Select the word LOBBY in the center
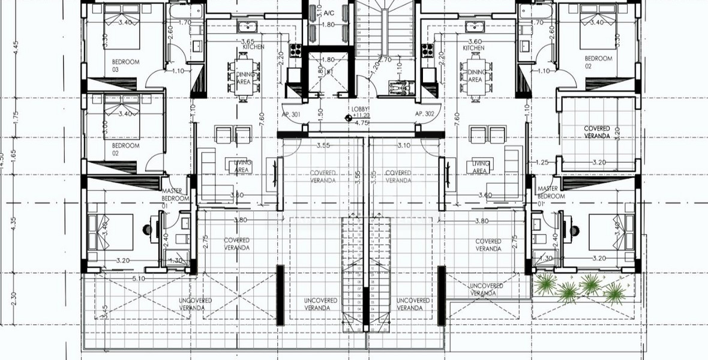point(362,108)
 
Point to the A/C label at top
point(329,13)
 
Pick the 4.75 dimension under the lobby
point(361,122)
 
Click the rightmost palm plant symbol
point(614,292)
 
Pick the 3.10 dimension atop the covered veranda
point(404,145)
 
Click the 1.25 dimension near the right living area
point(542,163)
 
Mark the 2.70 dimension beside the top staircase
point(385,60)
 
